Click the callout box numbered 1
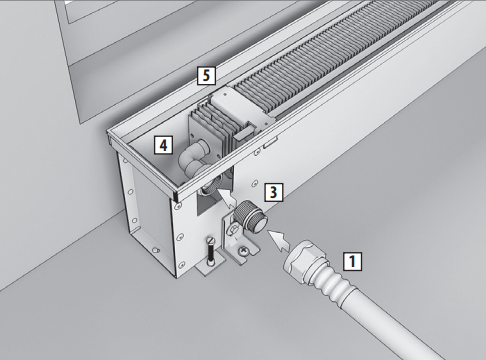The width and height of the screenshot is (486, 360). pos(353,261)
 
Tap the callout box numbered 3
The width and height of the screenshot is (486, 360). pos(273,192)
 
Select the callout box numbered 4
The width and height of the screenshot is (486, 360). pos(163,145)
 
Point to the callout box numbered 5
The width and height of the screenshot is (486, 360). pos(206,75)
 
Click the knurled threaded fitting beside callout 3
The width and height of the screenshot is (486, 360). pos(251,219)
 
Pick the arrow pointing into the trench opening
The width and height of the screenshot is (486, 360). pos(227,199)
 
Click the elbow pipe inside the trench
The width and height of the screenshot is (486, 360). pos(193,158)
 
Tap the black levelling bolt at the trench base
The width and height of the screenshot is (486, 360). pos(211,250)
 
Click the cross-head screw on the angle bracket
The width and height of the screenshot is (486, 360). pos(245,251)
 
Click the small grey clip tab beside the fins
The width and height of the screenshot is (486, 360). pos(244,134)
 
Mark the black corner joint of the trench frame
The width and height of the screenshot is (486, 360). pos(175,197)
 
